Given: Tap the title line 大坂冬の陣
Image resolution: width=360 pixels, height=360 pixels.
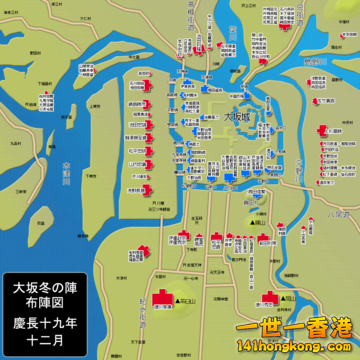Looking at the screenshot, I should click(x=49, y=285).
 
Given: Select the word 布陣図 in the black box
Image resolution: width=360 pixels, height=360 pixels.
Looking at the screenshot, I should click(x=49, y=303).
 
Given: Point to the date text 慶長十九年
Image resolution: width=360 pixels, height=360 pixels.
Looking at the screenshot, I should click(x=49, y=322).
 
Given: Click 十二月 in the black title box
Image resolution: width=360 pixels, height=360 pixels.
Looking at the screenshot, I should click(x=49, y=340).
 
